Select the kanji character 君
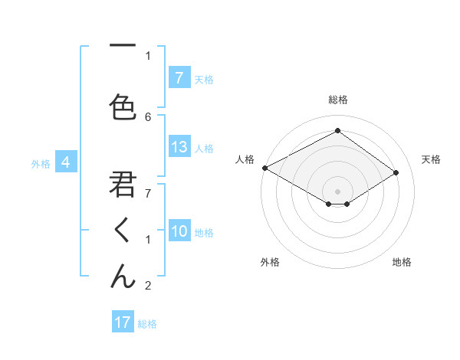(123, 185)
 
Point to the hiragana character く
(123, 229)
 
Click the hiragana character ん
(123, 273)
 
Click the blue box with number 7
(179, 78)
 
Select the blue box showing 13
(179, 147)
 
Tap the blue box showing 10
(179, 231)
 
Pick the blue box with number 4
(66, 162)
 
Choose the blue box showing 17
(123, 322)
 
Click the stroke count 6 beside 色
(148, 116)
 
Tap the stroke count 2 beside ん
(148, 286)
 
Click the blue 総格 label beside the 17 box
(147, 323)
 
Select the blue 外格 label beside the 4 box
(40, 163)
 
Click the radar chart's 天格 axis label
(432, 159)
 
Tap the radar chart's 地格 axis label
(402, 262)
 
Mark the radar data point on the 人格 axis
(264, 167)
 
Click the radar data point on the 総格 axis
(337, 131)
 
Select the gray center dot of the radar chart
(337, 191)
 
